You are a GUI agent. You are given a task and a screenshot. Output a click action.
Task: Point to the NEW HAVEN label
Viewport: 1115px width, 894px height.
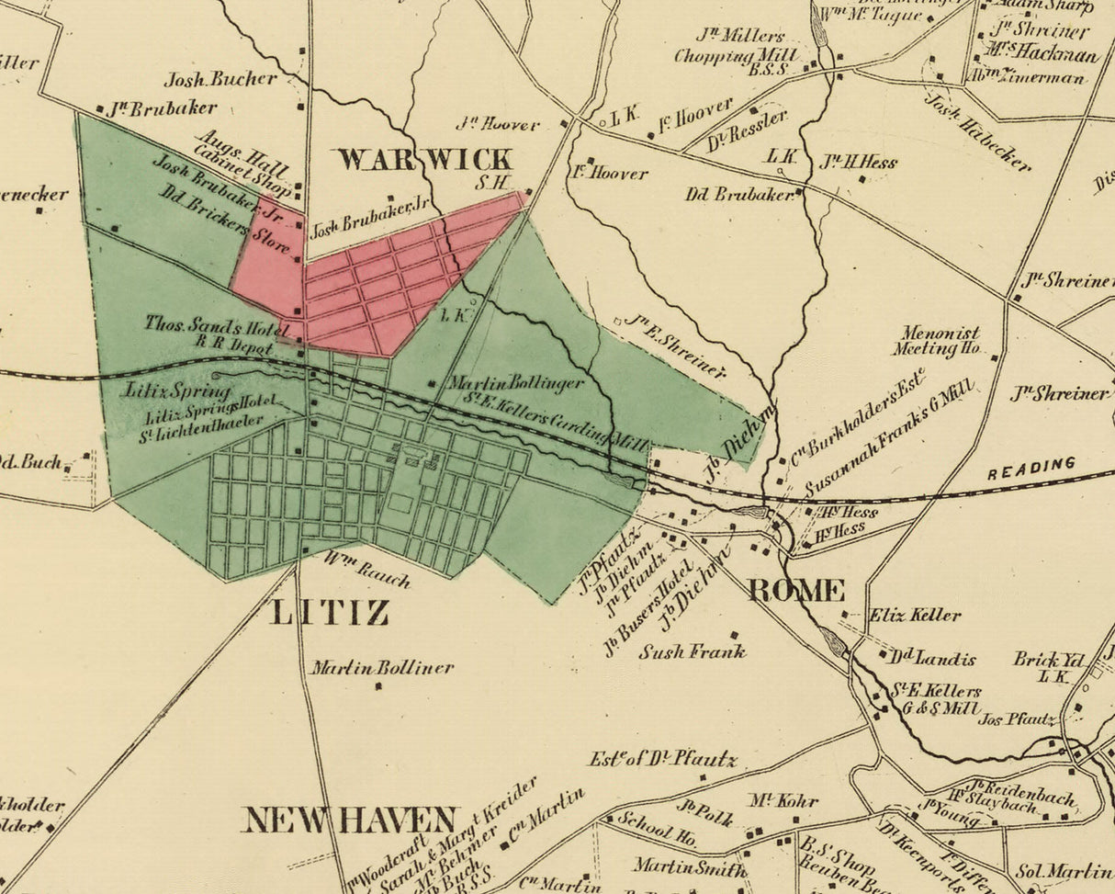[x=349, y=820]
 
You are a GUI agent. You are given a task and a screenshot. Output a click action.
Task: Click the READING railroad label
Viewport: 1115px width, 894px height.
[x=1031, y=468]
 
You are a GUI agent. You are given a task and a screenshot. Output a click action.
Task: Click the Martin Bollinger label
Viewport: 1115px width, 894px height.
[x=516, y=382]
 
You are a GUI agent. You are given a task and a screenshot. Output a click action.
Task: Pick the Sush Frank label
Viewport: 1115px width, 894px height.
[x=693, y=651]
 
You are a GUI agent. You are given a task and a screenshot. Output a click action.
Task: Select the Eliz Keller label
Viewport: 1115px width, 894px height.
[x=915, y=615]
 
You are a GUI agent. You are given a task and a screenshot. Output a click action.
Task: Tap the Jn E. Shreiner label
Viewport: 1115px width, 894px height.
[x=675, y=345]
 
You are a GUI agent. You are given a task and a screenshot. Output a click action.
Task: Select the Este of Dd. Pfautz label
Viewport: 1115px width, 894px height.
[x=663, y=760]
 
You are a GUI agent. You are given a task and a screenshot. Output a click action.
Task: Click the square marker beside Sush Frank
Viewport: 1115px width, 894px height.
[x=735, y=634]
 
